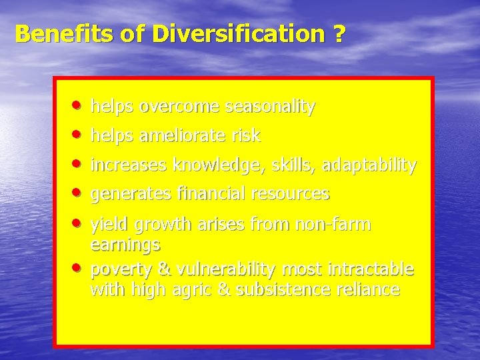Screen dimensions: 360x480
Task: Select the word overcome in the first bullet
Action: pyautogui.click(x=180, y=107)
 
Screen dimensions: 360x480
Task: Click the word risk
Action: pyautogui.click(x=246, y=136)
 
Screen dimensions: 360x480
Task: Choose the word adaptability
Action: pyautogui.click(x=369, y=165)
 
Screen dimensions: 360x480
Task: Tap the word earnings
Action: pyautogui.click(x=125, y=245)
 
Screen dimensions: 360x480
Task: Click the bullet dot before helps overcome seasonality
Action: pyautogui.click(x=79, y=105)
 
